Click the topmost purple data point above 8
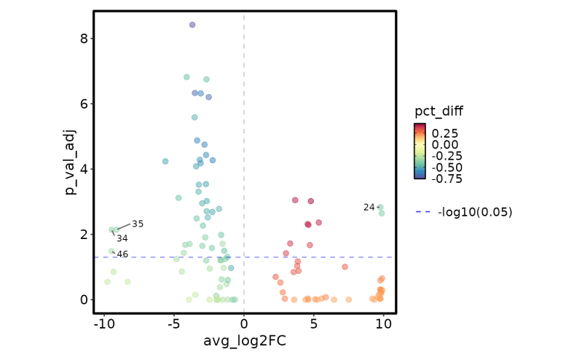[192, 25]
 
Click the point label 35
[138, 224]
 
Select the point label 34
[122, 238]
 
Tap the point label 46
[122, 254]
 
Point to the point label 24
[369, 208]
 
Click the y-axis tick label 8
[84, 39]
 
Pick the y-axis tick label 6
[84, 103]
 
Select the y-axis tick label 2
[84, 234]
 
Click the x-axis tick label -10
[104, 323]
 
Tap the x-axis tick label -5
[174, 323]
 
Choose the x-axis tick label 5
[313, 323]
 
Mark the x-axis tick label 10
[383, 323]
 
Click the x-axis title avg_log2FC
[244, 341]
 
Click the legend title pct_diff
[439, 111]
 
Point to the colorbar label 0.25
[446, 133]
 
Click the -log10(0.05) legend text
[475, 212]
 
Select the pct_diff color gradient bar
[420, 151]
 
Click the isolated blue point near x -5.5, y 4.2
[165, 161]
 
